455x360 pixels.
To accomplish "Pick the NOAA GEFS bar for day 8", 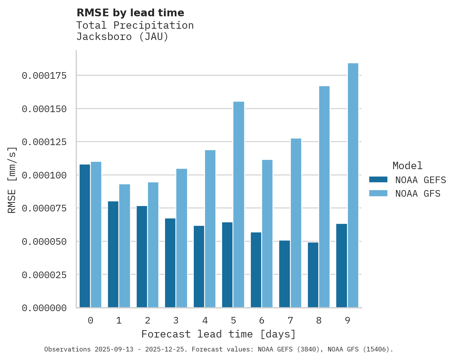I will [x=313, y=275].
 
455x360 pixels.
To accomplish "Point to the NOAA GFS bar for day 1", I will [x=125, y=246].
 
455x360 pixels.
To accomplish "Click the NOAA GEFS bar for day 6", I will [x=256, y=270].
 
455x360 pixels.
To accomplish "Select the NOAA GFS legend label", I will [x=418, y=194].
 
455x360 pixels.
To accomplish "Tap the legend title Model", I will [x=407, y=166].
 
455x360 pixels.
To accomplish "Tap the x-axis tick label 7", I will [x=290, y=320].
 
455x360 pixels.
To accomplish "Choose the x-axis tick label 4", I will [x=205, y=320].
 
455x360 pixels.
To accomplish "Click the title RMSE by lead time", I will [x=130, y=13].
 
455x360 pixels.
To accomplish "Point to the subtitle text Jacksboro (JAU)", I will [x=122, y=37].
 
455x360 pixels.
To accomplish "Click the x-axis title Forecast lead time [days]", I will [x=219, y=334].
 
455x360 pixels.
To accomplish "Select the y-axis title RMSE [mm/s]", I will [x=12, y=180].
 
